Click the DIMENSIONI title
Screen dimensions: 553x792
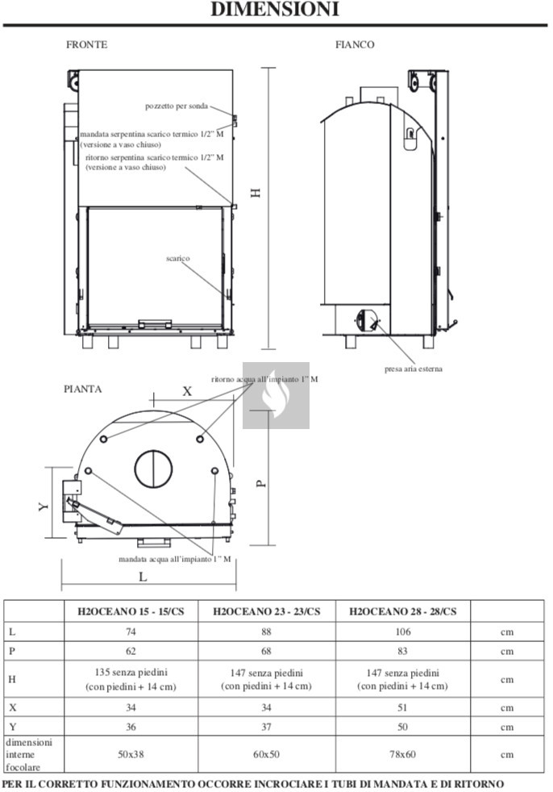[275, 9]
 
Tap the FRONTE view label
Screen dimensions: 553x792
[87, 44]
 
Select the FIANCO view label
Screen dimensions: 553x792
[355, 44]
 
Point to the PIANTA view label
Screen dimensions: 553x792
[83, 389]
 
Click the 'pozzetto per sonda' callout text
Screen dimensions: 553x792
[177, 106]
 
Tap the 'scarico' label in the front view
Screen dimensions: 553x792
[178, 259]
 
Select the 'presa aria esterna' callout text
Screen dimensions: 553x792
[413, 369]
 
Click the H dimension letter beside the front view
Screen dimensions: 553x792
[256, 193]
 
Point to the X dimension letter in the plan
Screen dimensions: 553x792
[187, 391]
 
